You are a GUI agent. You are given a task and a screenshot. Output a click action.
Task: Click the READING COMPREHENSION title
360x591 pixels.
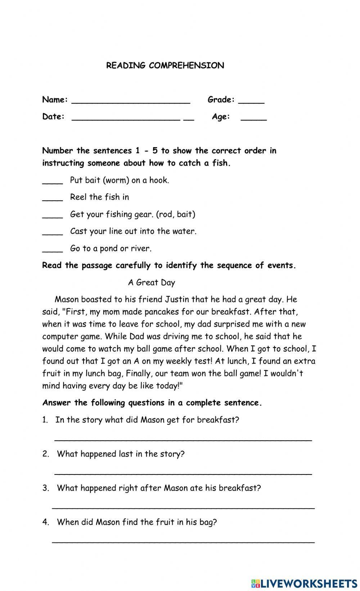pyautogui.click(x=165, y=65)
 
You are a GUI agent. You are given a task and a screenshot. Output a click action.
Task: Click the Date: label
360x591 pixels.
pyautogui.click(x=53, y=117)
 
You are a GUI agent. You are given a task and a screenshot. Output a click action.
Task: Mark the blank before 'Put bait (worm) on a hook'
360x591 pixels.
pyautogui.click(x=53, y=182)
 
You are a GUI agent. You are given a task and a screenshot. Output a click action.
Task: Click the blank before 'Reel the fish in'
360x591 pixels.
pyautogui.click(x=53, y=199)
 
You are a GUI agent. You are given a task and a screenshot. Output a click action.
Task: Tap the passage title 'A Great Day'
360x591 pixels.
pyautogui.click(x=151, y=283)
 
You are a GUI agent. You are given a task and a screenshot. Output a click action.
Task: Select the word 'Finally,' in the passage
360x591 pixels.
pyautogui.click(x=139, y=373)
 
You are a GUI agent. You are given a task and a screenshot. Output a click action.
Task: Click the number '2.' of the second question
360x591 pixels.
pyautogui.click(x=46, y=454)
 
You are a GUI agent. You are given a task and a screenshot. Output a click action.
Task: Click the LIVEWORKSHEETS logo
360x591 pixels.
pyautogui.click(x=304, y=583)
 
